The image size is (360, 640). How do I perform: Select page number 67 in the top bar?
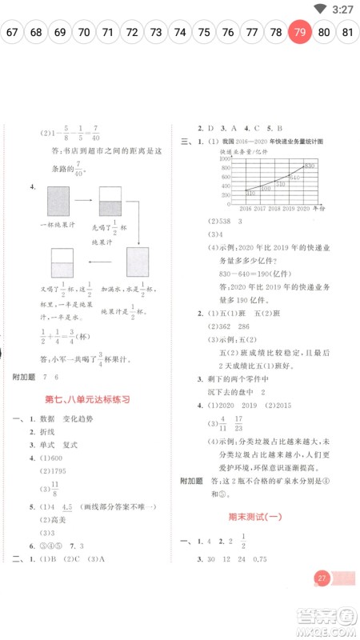(x=12, y=33)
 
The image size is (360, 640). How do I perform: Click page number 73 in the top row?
(x=156, y=33)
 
